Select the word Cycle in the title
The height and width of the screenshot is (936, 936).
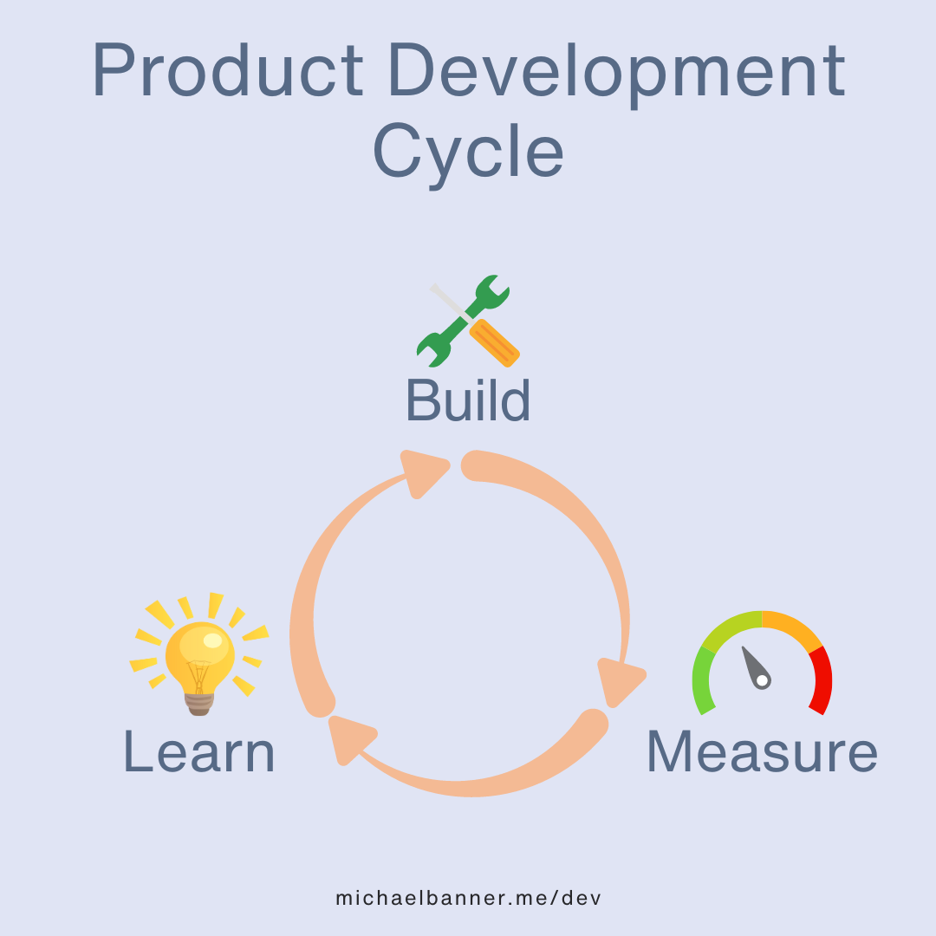(x=468, y=152)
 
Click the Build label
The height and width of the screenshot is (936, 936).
(x=468, y=400)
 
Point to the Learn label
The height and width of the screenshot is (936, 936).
(x=199, y=751)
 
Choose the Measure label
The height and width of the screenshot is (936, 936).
(x=762, y=751)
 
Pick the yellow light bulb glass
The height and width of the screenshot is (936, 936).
(x=199, y=650)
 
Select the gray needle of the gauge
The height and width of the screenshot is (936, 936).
(x=754, y=666)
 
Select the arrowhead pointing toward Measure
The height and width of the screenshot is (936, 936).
(x=619, y=681)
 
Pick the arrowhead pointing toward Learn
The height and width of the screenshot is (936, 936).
(x=349, y=739)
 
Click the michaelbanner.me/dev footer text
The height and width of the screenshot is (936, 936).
(x=468, y=898)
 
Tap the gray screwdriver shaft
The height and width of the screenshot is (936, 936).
(x=447, y=300)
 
